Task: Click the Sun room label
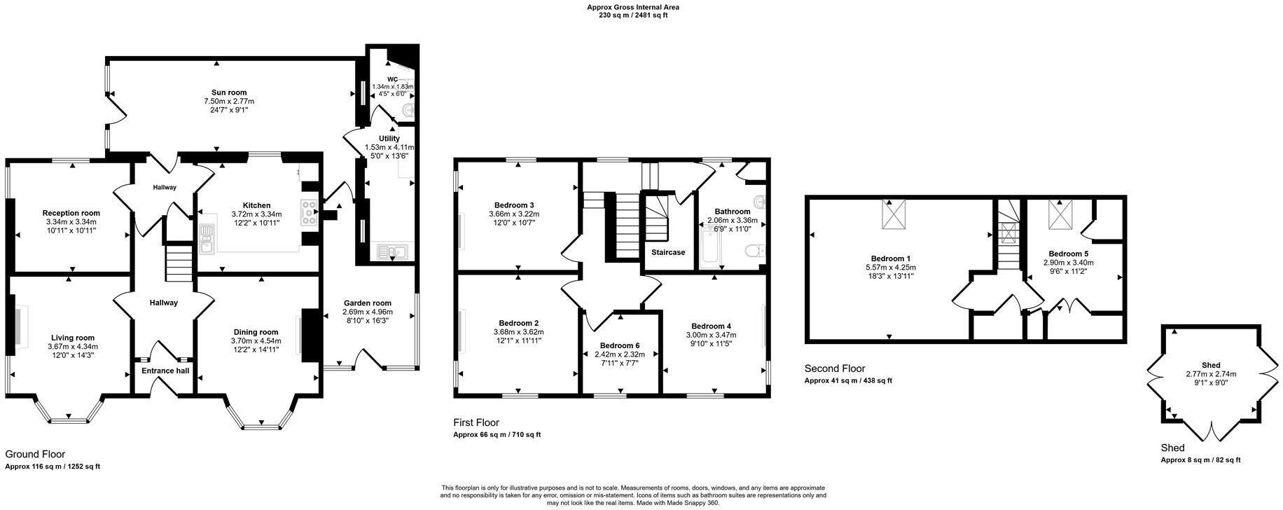point(229,92)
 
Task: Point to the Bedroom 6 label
point(619,345)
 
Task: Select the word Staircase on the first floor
point(667,252)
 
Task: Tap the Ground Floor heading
point(35,454)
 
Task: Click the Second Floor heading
point(834,368)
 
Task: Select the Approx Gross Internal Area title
point(632,8)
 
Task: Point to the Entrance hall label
point(165,371)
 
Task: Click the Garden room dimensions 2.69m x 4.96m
point(367,312)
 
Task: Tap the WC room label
point(392,79)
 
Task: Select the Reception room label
point(71,213)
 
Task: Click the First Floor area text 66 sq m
point(497,435)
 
